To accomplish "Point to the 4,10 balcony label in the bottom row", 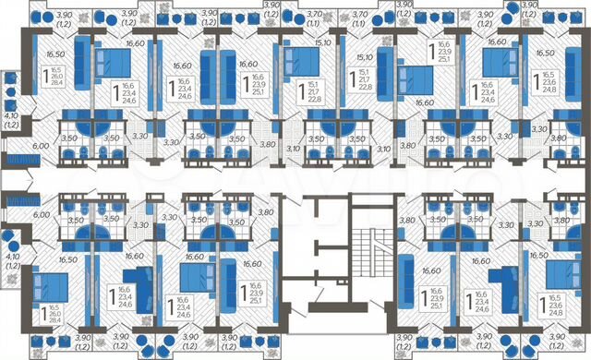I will pyautogui.click(x=11, y=258).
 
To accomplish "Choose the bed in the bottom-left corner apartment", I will pyautogui.click(x=43, y=286).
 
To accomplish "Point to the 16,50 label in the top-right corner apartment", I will pyautogui.click(x=553, y=42).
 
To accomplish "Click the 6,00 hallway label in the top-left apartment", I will pyautogui.click(x=41, y=147).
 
